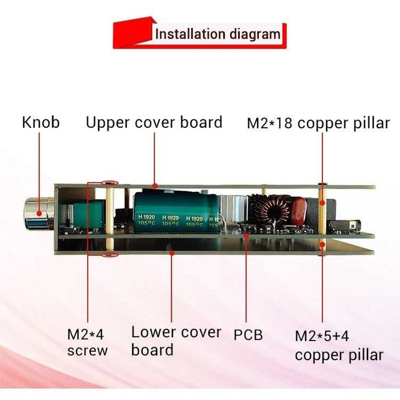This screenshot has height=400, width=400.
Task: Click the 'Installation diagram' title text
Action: point(217,34)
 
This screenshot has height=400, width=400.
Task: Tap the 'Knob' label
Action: point(40,122)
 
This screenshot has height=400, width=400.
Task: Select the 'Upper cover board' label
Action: point(154,122)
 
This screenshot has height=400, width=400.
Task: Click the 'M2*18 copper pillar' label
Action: point(318,123)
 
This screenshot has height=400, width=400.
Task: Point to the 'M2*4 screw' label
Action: point(88,342)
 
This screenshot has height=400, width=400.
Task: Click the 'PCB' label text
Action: point(248,334)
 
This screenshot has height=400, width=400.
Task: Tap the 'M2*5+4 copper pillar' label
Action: point(338,345)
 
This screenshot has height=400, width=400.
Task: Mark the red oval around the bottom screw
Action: point(109,254)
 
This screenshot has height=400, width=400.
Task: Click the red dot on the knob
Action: point(40,214)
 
